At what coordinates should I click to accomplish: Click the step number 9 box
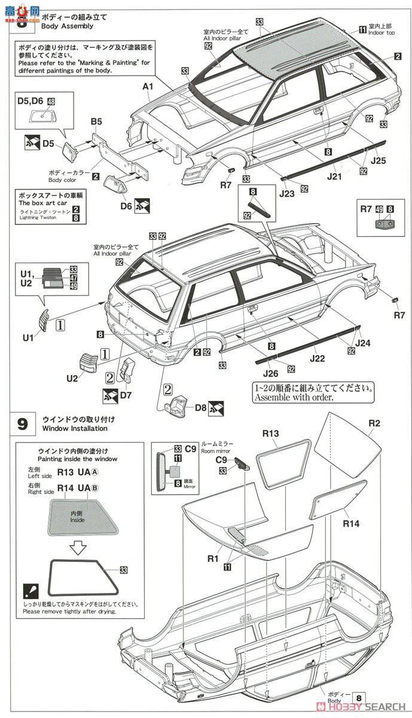point(22,424)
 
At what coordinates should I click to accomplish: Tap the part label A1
point(148,87)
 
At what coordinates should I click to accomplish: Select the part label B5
point(96,122)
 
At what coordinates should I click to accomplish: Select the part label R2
point(374,424)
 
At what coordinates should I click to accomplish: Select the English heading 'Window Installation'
point(75,428)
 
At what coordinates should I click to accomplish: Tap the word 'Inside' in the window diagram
point(77,520)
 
